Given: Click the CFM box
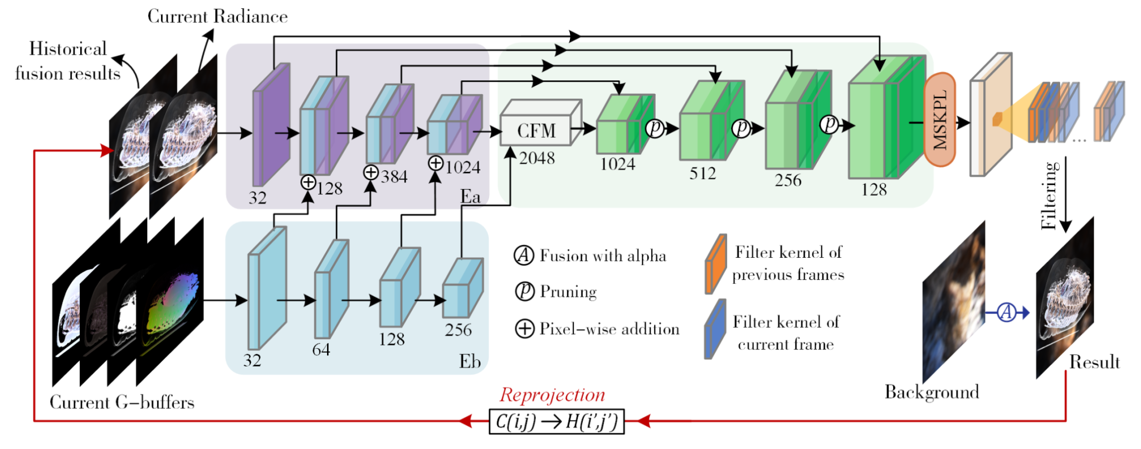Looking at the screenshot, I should [537, 131].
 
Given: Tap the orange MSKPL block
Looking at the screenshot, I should [940, 119].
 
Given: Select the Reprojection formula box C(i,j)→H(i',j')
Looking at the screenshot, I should [557, 421].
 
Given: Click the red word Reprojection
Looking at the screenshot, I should [552, 394].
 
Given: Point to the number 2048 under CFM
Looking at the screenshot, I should [537, 158].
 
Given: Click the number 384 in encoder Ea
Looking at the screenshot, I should [394, 177].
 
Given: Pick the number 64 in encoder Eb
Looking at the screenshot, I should [321, 350].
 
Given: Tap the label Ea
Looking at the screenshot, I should [470, 196].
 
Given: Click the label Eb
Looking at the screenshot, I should [470, 361].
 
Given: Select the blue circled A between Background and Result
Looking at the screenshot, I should [1006, 312].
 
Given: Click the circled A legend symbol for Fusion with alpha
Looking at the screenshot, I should [524, 255].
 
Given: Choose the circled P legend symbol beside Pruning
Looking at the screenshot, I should [524, 291].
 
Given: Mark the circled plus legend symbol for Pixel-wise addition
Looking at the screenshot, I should [524, 329].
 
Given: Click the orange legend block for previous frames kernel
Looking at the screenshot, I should [715, 264].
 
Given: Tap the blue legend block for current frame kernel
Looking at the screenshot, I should [715, 329].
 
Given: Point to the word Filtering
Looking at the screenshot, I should [1049, 196].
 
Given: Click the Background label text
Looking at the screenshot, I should [932, 392].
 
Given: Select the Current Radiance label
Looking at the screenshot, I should [217, 17].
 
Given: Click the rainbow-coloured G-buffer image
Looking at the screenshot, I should [170, 301].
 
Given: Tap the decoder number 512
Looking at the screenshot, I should [703, 173].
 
